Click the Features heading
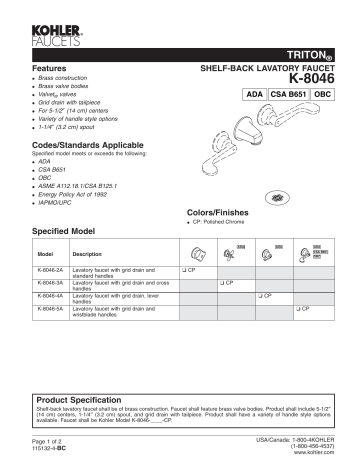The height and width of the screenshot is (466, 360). pyautogui.click(x=51, y=64)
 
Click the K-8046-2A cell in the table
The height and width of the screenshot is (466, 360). pyautogui.click(x=49, y=271)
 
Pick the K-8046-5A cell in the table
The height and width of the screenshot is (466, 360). pyautogui.click(x=49, y=310)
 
